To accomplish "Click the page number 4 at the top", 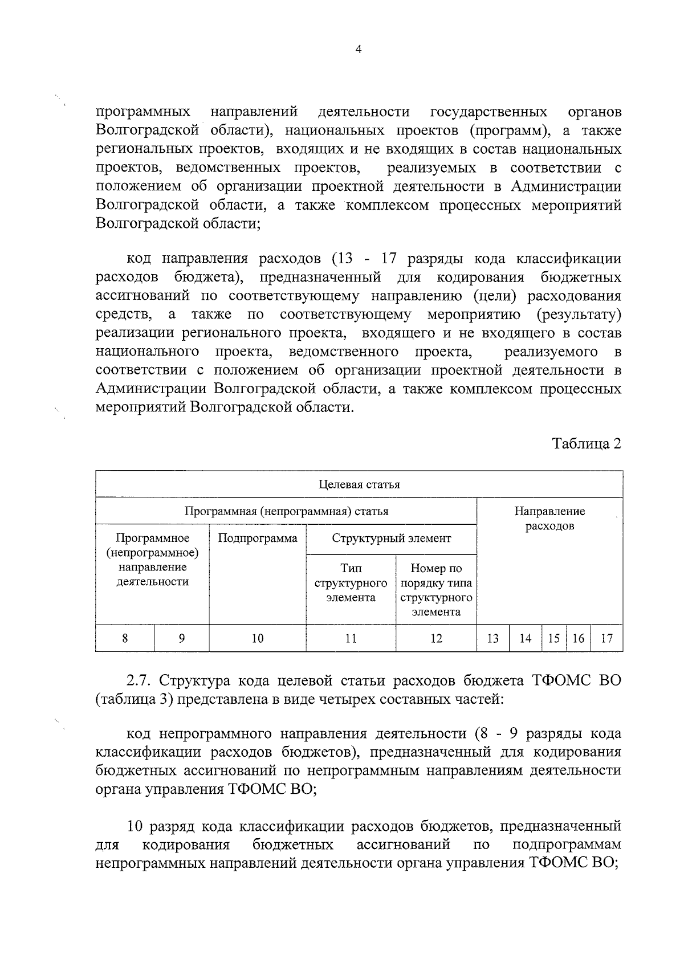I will pos(358,50).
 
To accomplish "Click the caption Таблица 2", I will pos(587,443).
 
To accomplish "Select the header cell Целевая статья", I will pos(359,484).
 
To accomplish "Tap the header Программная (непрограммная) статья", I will pos(286,511).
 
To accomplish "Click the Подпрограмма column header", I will pos(258,538).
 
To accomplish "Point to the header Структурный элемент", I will pos(391,538).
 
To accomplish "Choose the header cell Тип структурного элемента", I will pos(351,583).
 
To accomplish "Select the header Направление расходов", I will pos(549,519).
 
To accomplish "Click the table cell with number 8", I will pos(125,639).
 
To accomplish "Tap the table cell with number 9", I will pos(181,639).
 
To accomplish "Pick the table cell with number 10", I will pos(258,639).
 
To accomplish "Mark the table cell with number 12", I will pos(436,639).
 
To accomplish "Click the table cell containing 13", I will pos(493,639).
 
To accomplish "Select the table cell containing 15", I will pos(553,639).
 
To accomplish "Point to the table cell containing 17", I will pos(607,639).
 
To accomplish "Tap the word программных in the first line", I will pos(143,112).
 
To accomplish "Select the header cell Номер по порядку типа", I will pos(436,583).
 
